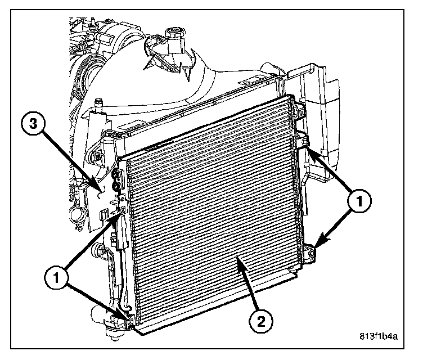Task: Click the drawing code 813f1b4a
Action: coord(378,337)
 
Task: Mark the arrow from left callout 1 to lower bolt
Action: coord(96,301)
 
